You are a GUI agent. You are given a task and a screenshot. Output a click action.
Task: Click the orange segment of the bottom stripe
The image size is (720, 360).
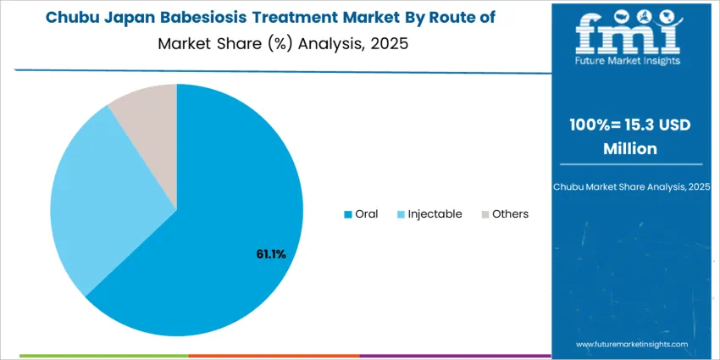coord(274,357)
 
